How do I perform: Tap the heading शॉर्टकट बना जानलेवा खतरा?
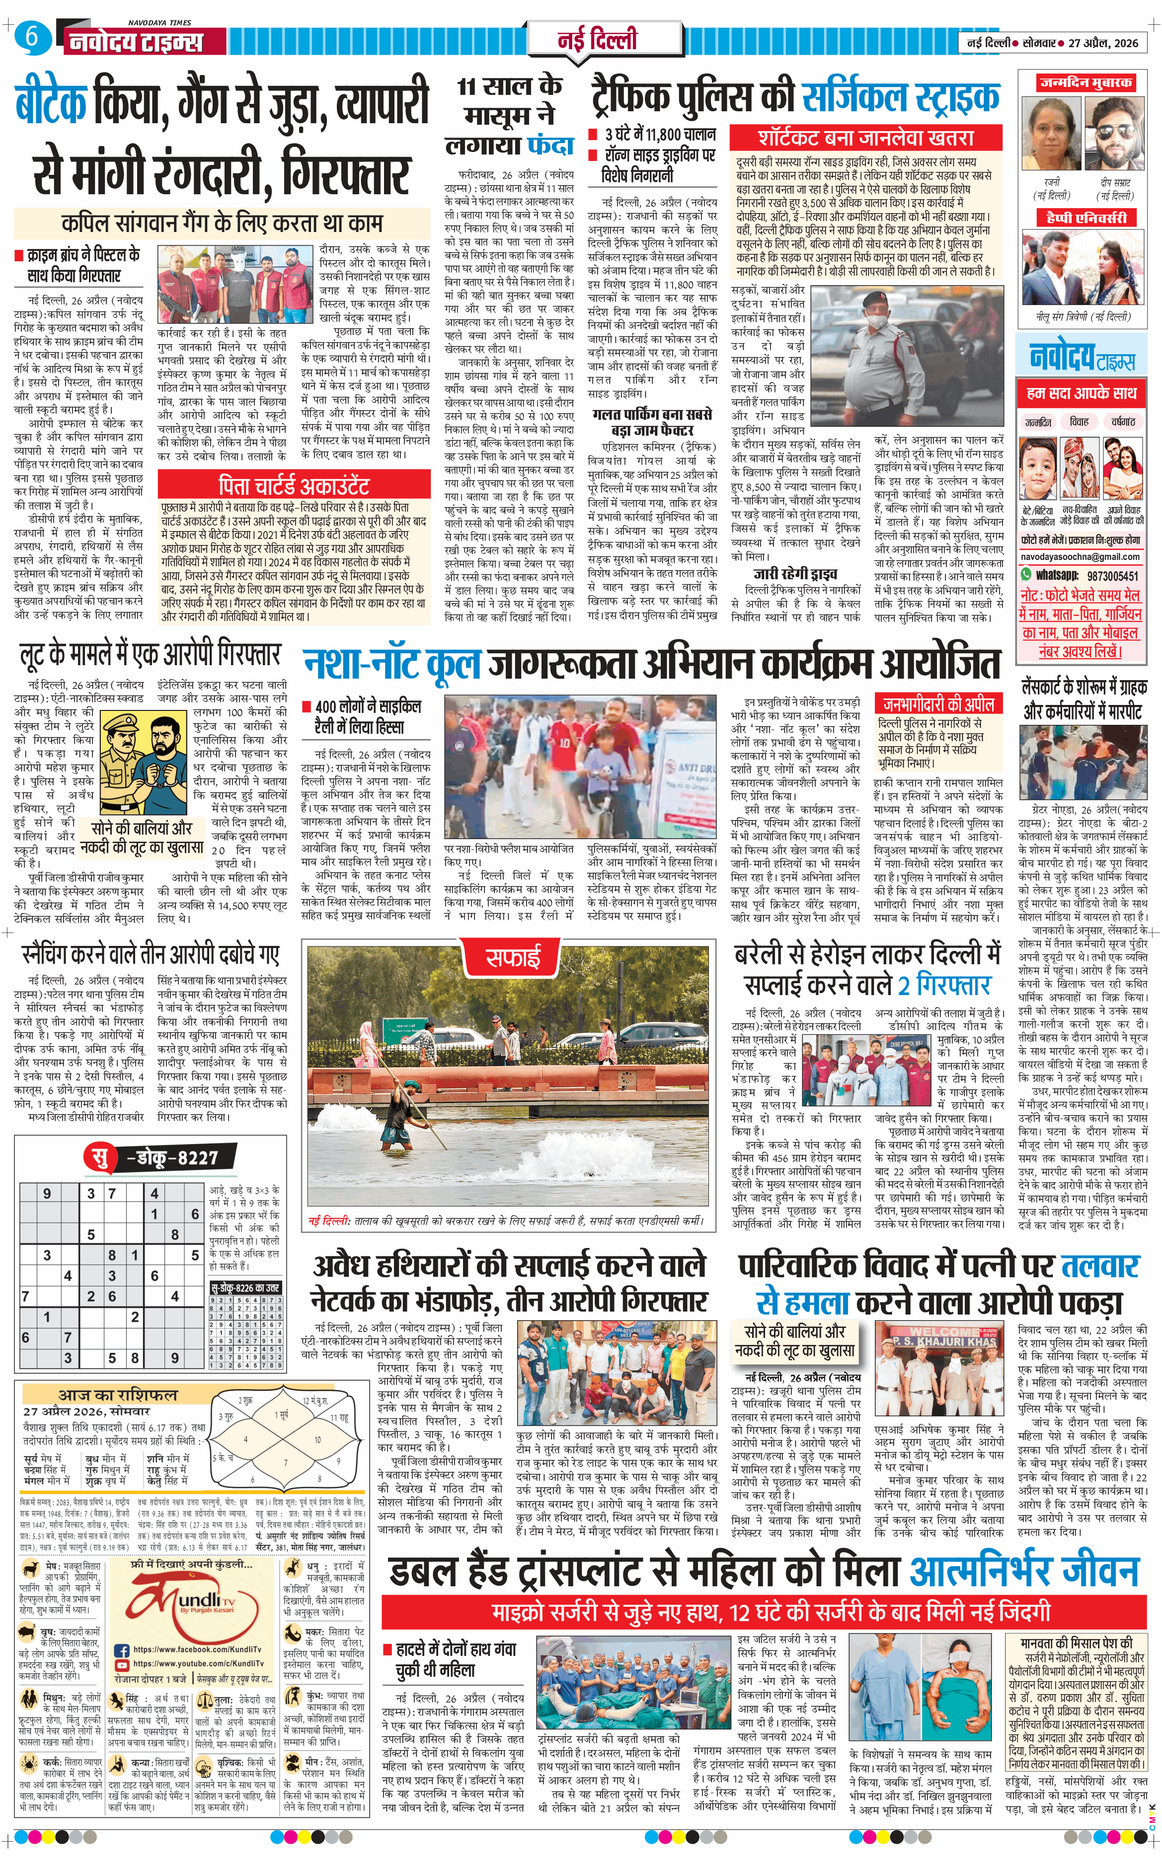coord(865,138)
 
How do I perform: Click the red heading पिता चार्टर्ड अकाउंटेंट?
coord(294,486)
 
